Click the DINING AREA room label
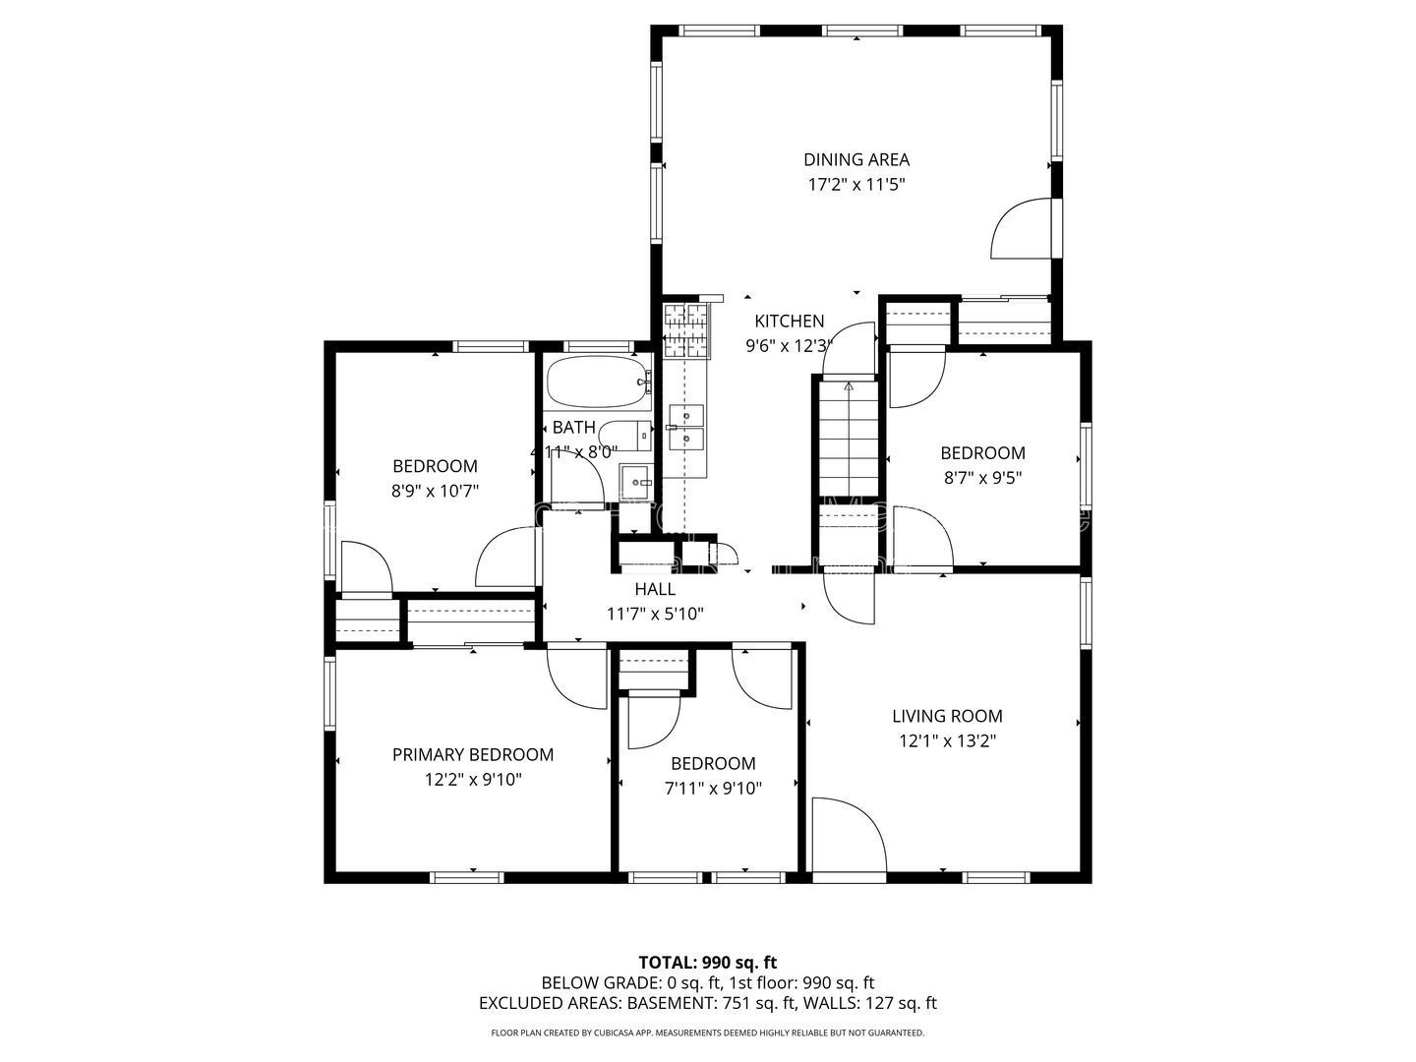(856, 159)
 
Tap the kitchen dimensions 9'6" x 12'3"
(789, 346)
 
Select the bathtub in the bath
(597, 382)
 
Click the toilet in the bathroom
(624, 435)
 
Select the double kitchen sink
(686, 427)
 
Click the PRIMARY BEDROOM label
(473, 754)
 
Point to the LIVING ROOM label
(947, 716)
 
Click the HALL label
(655, 589)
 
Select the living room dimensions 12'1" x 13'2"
(948, 741)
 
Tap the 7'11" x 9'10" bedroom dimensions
(713, 789)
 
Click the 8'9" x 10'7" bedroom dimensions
(435, 492)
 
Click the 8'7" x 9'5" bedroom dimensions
(982, 479)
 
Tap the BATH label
(573, 427)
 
